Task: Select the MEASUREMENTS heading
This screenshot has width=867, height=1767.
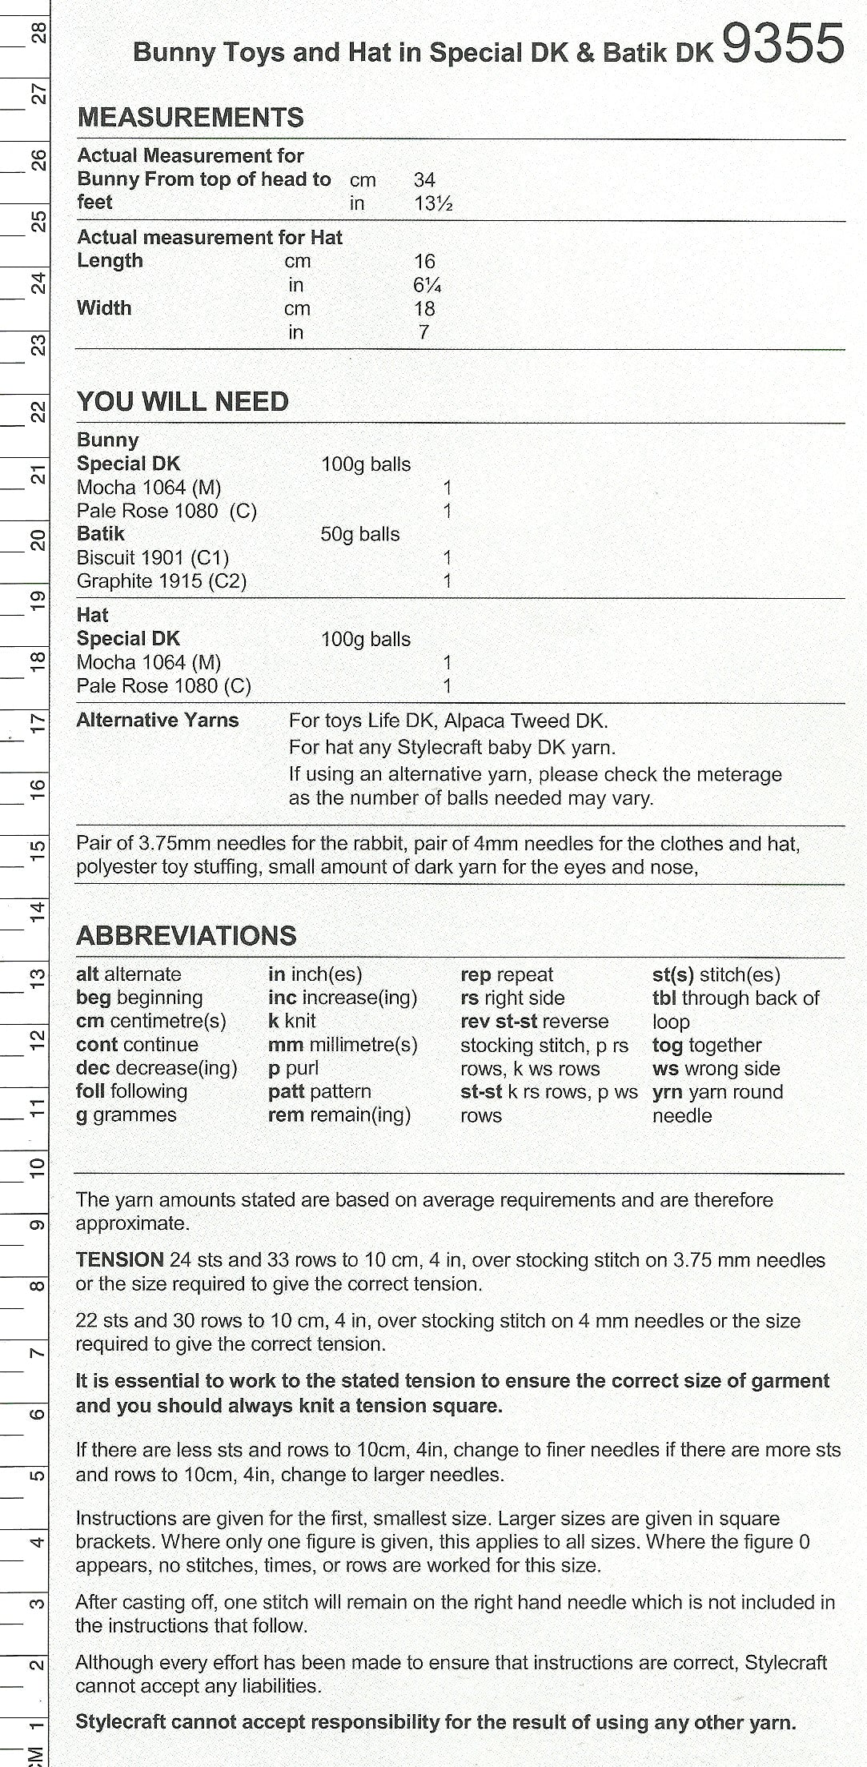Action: (191, 118)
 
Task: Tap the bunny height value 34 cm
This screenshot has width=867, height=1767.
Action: (424, 180)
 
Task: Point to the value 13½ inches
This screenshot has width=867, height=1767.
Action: (433, 203)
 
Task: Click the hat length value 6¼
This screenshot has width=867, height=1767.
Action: (427, 285)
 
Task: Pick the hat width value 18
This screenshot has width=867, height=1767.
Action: (424, 308)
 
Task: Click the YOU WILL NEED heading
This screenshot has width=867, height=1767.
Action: (183, 401)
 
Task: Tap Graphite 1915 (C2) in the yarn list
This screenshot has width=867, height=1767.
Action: (161, 580)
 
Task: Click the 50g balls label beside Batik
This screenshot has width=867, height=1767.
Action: (359, 534)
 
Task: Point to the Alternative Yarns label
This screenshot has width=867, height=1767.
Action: (158, 720)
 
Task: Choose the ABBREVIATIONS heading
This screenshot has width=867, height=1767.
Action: (186, 935)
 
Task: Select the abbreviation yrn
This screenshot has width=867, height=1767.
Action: (667, 1091)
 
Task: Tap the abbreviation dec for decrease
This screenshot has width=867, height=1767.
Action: (93, 1067)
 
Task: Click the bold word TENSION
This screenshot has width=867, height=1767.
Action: (119, 1259)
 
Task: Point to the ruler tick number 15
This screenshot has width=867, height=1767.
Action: (38, 849)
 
